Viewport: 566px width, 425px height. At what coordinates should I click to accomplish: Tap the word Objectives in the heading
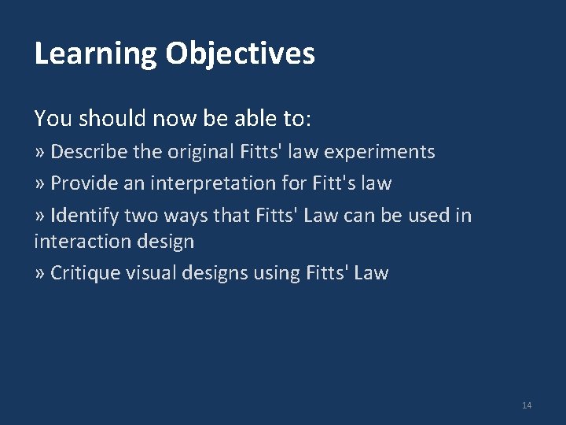pyautogui.click(x=240, y=54)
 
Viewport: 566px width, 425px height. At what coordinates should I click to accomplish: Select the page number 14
pyautogui.click(x=527, y=405)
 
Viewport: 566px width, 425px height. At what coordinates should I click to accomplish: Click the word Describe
pyautogui.click(x=86, y=152)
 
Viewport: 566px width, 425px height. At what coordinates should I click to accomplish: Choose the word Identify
pyautogui.click(x=83, y=216)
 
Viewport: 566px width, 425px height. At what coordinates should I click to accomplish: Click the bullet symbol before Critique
pyautogui.click(x=39, y=273)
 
